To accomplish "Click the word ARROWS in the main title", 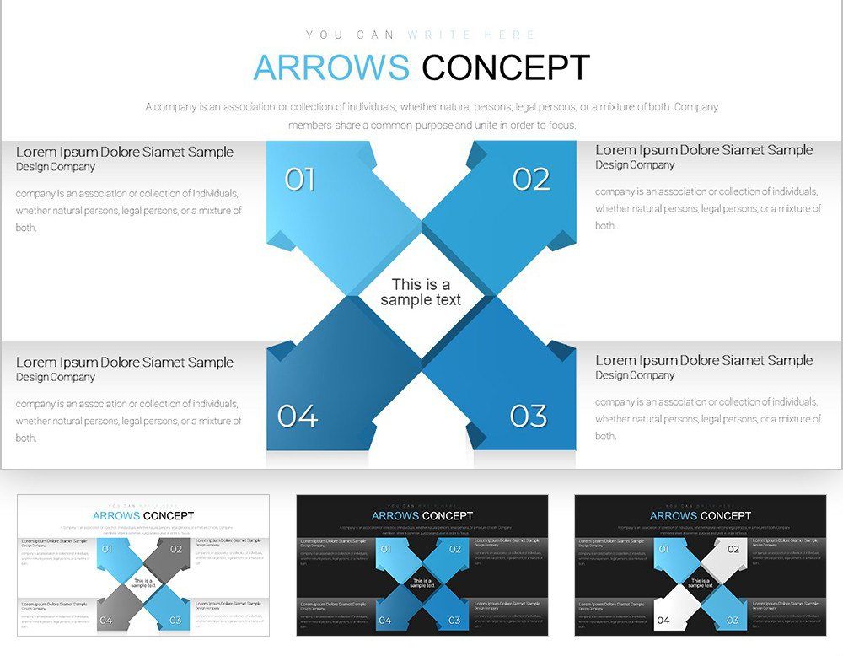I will tap(331, 67).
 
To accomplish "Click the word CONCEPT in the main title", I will tap(505, 67).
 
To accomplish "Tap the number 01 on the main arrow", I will tap(299, 180).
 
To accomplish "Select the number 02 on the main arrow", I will tap(531, 180).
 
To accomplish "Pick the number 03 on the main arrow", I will tap(529, 416).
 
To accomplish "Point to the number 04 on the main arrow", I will tap(298, 416).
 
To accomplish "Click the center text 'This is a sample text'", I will tap(421, 292).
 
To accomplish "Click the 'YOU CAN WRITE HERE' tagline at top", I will tap(421, 35).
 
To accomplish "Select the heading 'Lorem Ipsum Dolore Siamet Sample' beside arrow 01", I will tap(125, 152).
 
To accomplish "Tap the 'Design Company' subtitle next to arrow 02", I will tap(635, 165).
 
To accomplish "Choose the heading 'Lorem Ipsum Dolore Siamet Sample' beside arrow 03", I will tap(704, 361).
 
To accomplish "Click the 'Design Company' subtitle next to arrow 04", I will tap(55, 377).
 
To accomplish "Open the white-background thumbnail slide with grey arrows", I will tap(143, 566).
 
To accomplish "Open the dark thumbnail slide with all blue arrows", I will tap(421, 566).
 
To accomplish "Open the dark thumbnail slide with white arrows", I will tap(700, 566).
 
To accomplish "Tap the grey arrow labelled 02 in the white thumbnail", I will tap(171, 553).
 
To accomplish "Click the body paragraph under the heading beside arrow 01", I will tap(128, 210).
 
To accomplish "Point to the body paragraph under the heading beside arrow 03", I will tap(708, 419).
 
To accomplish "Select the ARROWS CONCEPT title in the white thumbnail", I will tap(143, 515).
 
